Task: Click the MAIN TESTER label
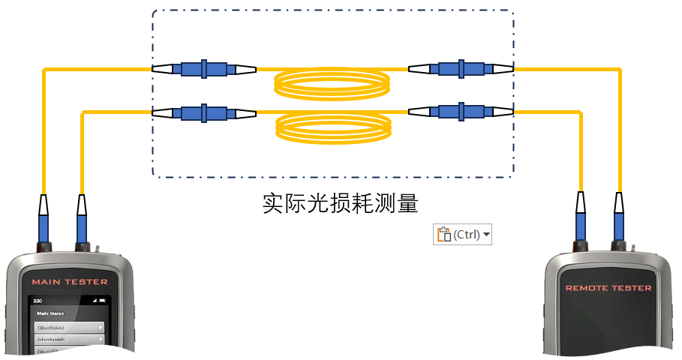click(x=69, y=282)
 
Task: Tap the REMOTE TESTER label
click(x=608, y=288)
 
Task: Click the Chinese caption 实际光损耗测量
click(x=340, y=204)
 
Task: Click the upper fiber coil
click(x=332, y=83)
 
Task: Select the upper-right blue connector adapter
click(x=461, y=69)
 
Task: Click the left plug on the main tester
click(x=44, y=221)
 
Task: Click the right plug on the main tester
click(x=82, y=221)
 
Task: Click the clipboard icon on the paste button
click(x=443, y=235)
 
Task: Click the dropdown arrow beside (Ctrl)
click(x=487, y=235)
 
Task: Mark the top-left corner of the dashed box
click(x=154, y=12)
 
